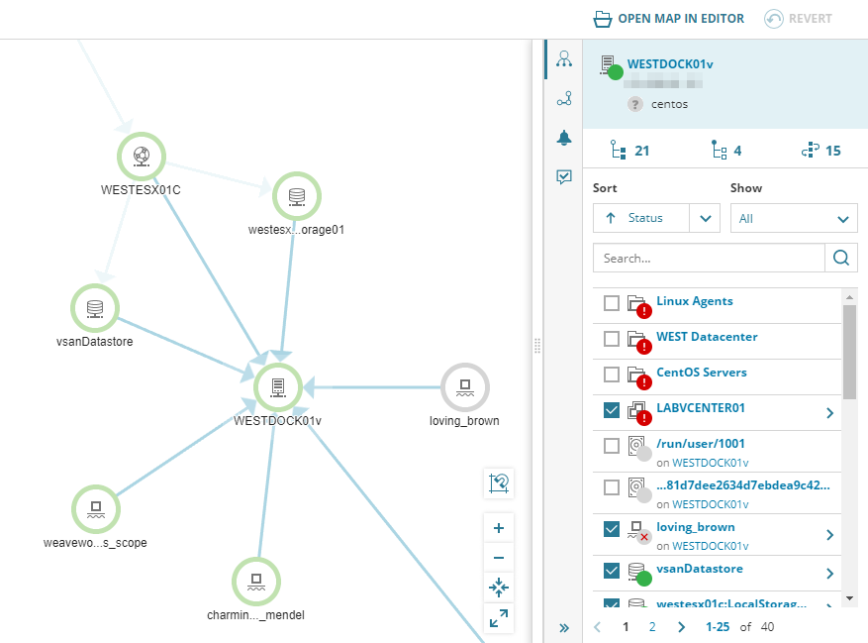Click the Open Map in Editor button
668,19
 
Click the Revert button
798,19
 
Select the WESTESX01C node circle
142,156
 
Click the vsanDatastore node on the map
95,308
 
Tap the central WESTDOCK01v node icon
277,386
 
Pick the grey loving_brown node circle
464,387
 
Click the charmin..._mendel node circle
256,582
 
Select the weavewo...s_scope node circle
96,509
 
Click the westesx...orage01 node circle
296,196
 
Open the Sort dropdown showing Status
655,218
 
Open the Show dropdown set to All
794,218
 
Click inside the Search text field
709,258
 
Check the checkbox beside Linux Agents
612,302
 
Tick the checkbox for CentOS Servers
612,374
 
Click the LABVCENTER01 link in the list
701,407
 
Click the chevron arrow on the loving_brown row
829,535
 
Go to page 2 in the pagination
651,626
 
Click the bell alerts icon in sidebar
564,138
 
